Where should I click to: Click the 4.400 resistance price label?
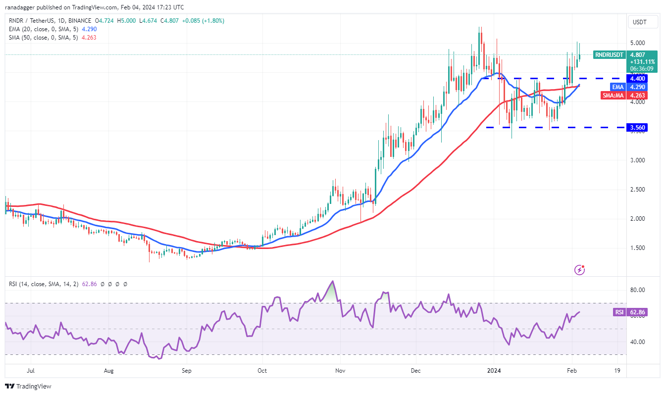pyautogui.click(x=637, y=78)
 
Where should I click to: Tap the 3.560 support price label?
pyautogui.click(x=637, y=127)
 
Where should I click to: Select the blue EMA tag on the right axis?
pyautogui.click(x=614, y=87)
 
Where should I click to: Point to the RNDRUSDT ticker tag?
pyautogui.click(x=609, y=55)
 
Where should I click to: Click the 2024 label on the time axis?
pyautogui.click(x=493, y=370)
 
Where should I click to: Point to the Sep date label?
pyautogui.click(x=186, y=370)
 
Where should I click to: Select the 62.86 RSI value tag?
pyautogui.click(x=637, y=312)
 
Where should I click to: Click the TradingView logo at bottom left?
pyautogui.click(x=28, y=386)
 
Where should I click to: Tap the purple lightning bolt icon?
pyautogui.click(x=579, y=270)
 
